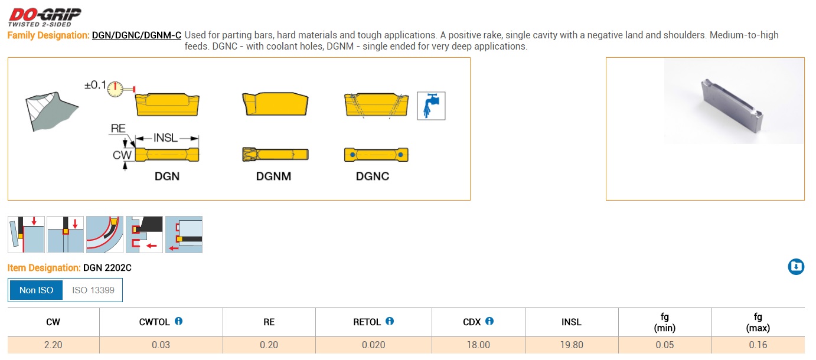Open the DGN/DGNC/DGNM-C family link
[136, 35]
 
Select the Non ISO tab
[37, 290]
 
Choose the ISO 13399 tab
[93, 290]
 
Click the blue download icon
[796, 267]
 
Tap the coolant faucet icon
[431, 106]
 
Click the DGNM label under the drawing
[273, 176]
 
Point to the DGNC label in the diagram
[372, 176]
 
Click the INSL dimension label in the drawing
[165, 138]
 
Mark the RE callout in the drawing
[117, 129]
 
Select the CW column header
[53, 322]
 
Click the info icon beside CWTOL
[178, 321]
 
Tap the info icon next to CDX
[489, 321]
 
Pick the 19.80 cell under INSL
[571, 345]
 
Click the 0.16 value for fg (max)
[758, 345]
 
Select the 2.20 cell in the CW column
[53, 345]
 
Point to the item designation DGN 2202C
[107, 268]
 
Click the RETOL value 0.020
[373, 345]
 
